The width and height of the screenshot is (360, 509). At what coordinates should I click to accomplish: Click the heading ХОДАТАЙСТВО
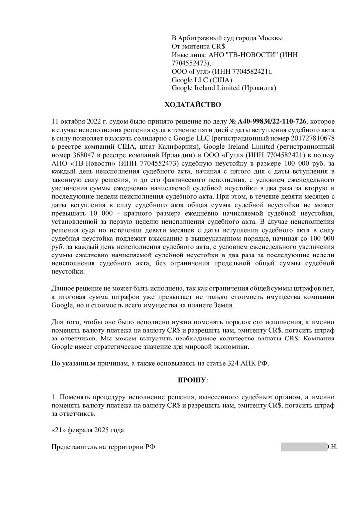click(192, 105)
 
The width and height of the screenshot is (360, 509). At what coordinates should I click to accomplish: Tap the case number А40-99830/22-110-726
click(273, 121)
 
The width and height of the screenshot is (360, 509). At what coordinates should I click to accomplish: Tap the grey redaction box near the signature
click(303, 446)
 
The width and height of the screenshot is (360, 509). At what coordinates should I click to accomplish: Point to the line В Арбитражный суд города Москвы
click(227, 38)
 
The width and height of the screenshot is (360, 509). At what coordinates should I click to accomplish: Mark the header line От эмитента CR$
click(198, 46)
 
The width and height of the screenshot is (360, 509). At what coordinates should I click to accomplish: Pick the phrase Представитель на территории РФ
click(103, 446)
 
